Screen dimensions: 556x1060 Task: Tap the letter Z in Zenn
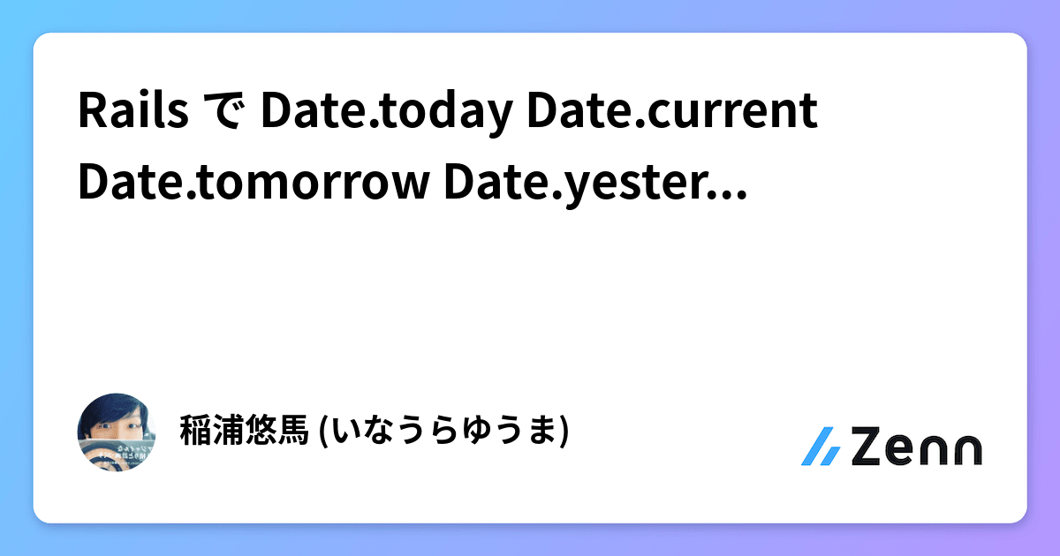[x=870, y=447]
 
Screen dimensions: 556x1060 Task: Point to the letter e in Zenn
[x=906, y=450]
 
